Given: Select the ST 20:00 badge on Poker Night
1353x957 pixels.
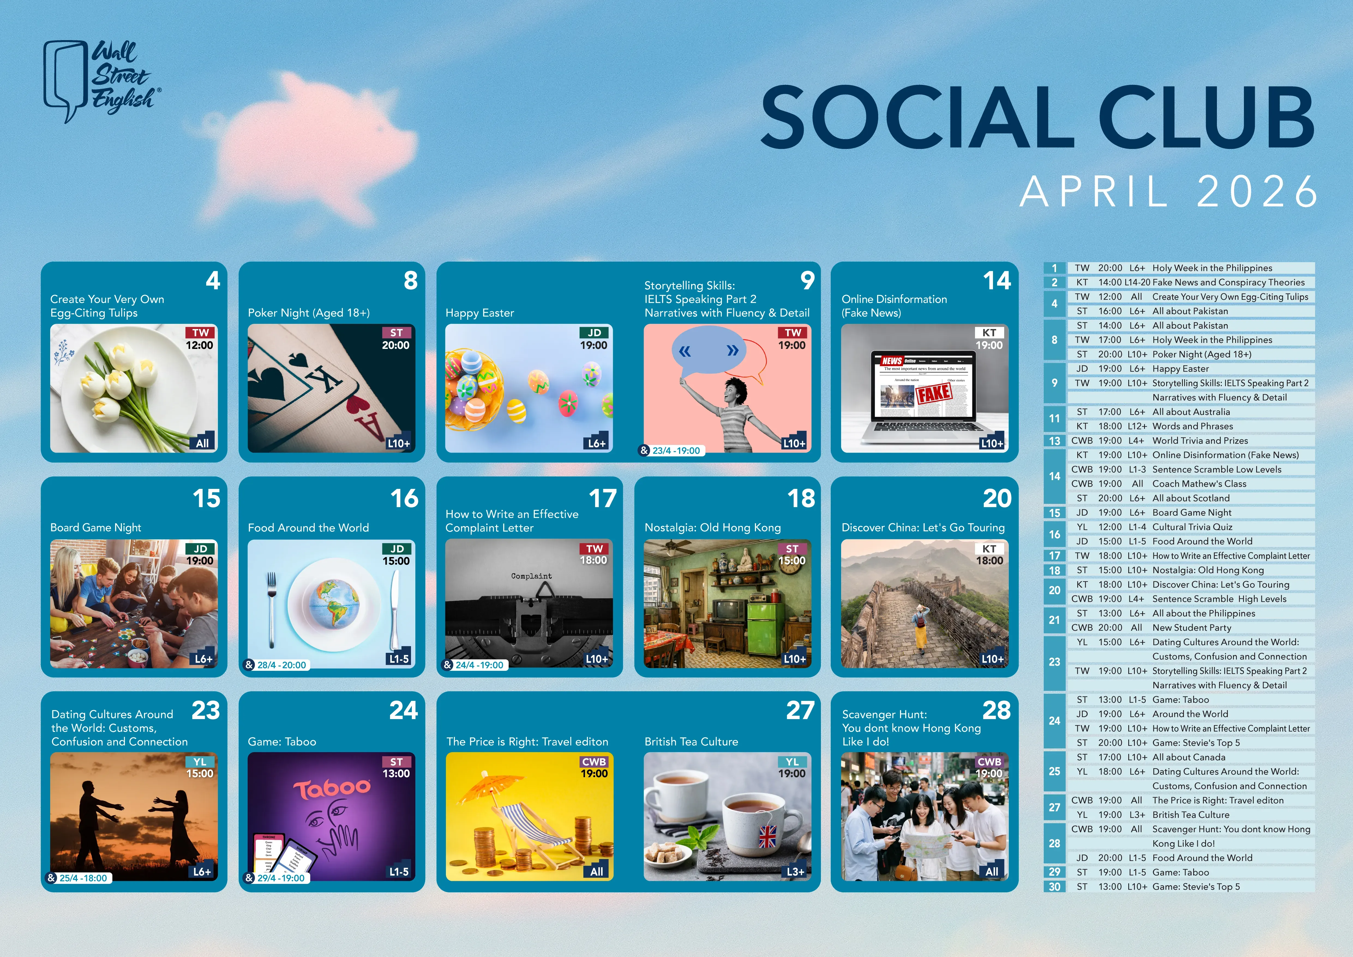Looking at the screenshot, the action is click(x=396, y=339).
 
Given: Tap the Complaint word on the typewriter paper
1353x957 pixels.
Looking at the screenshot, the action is click(x=532, y=576).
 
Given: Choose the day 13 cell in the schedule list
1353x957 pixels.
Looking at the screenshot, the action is click(x=1054, y=441).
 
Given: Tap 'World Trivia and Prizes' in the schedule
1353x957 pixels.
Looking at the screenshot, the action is click(x=1200, y=441).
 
